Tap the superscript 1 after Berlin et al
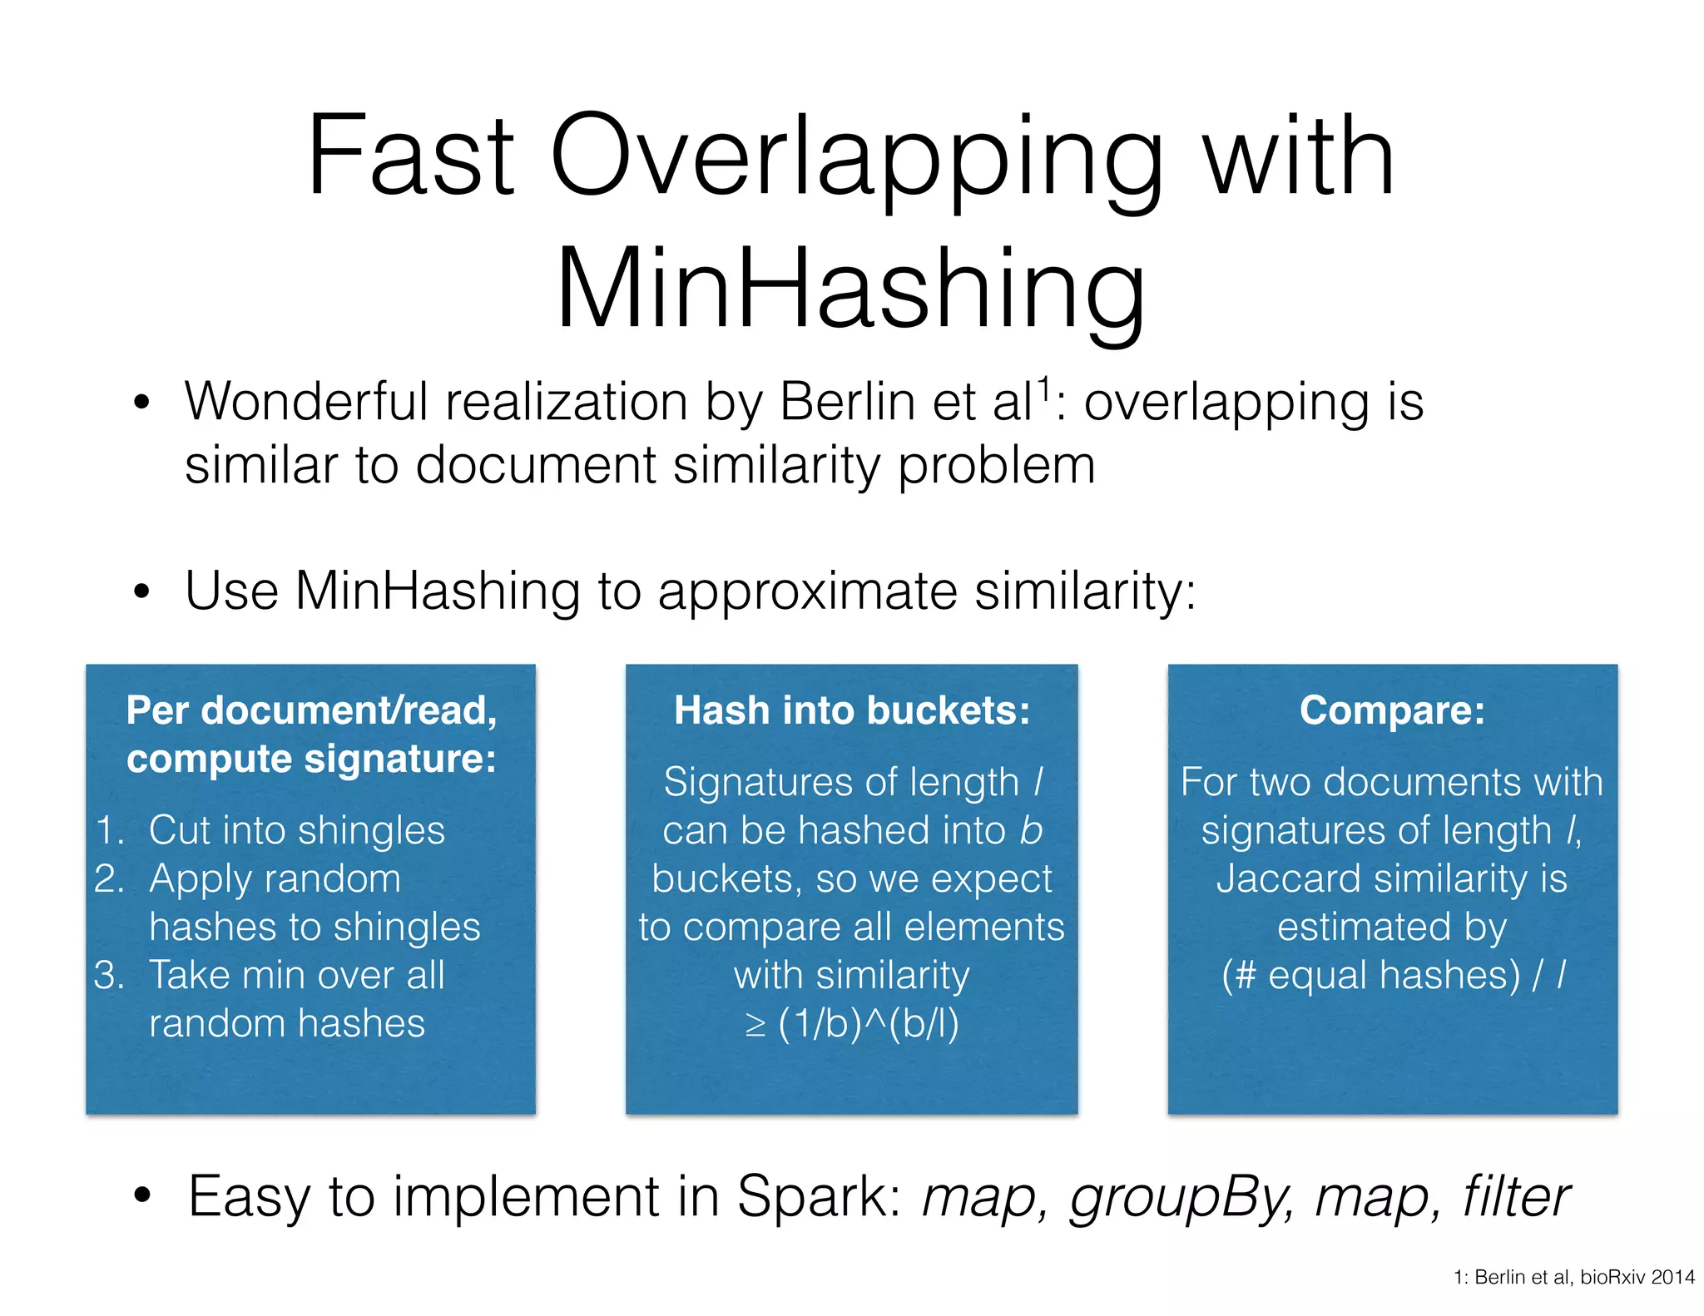pos(1043,388)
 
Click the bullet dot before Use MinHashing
pos(142,592)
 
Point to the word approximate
pos(807,592)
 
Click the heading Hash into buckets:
pos(851,710)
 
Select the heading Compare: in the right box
pos(1392,710)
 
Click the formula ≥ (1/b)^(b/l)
pos(851,1024)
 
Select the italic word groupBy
pos(1181,1199)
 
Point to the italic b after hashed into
pos(1031,831)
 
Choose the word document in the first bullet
pos(536,466)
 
